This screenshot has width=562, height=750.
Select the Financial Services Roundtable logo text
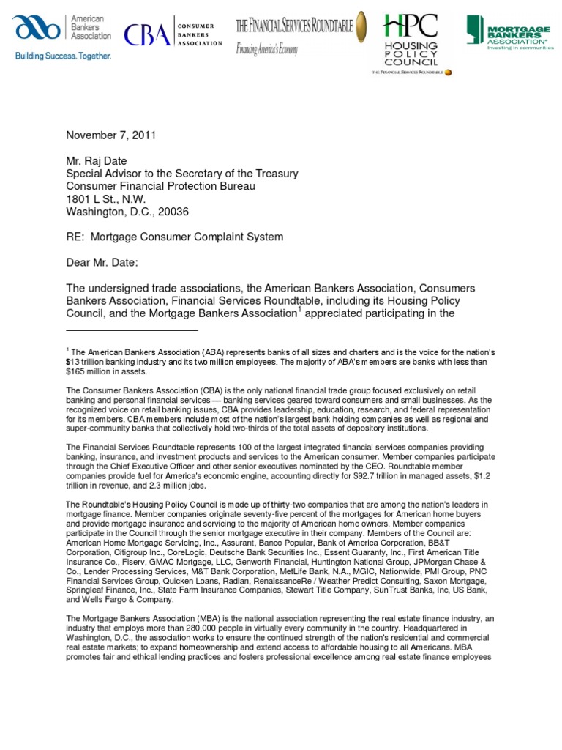(293, 27)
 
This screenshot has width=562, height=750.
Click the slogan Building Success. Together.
(63, 56)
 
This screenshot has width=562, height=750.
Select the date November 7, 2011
(111, 135)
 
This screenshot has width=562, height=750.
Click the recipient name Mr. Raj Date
(102, 161)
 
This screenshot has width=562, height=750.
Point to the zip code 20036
(176, 212)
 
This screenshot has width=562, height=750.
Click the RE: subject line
(174, 237)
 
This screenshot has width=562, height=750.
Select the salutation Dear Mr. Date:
(105, 263)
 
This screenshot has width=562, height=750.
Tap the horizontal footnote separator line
(132, 330)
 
